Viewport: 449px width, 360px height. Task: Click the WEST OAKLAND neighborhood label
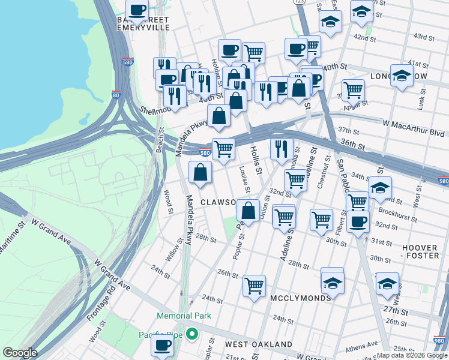(x=259, y=345)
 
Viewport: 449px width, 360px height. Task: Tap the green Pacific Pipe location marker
(x=192, y=334)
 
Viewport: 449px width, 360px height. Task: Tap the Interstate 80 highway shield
(x=115, y=95)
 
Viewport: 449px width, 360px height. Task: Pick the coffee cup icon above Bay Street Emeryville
(x=137, y=9)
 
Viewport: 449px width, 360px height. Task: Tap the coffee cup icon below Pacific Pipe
(x=162, y=345)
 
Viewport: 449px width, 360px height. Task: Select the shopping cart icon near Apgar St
(x=354, y=89)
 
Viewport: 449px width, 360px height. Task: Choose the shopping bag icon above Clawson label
(x=200, y=172)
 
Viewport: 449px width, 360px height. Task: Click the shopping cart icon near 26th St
(x=255, y=284)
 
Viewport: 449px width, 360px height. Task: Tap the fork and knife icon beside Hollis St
(x=282, y=148)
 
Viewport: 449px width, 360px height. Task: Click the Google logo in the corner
(x=20, y=353)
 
